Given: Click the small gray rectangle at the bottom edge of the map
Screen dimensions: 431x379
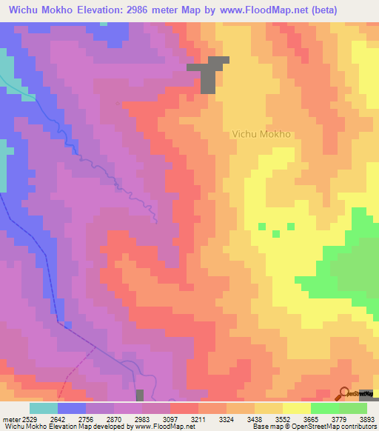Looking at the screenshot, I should click(x=140, y=395).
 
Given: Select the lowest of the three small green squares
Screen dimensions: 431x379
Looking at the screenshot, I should click(x=275, y=234).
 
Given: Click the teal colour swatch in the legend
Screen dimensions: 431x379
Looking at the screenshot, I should click(x=44, y=408).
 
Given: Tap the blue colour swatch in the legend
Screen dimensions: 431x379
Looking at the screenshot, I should click(x=72, y=408).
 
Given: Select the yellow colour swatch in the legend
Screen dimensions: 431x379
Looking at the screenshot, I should click(x=297, y=408).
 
